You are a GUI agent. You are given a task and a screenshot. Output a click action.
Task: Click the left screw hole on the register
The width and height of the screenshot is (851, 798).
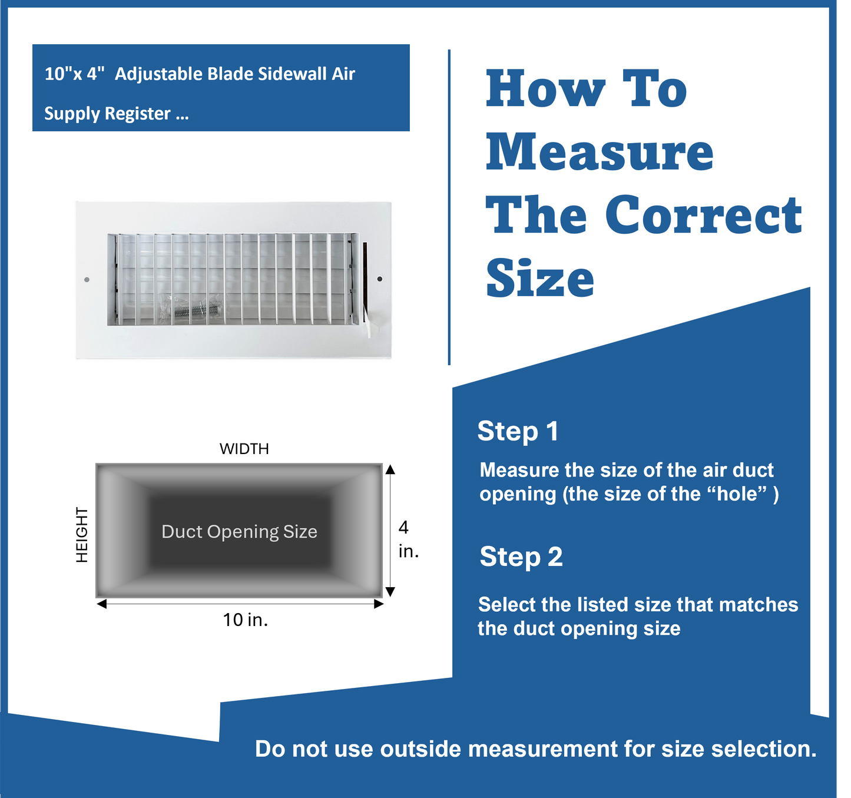click(x=87, y=280)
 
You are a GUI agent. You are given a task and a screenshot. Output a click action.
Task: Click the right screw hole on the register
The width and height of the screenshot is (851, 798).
click(x=380, y=279)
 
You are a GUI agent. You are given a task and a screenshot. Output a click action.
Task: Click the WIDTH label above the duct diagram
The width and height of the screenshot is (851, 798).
click(x=244, y=449)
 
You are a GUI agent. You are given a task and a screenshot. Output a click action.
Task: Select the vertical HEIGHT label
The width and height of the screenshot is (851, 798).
click(x=82, y=535)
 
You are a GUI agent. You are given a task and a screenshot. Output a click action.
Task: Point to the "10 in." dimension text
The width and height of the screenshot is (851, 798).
click(x=246, y=620)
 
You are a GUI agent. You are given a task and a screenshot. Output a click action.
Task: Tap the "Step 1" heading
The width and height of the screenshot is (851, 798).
click(x=518, y=431)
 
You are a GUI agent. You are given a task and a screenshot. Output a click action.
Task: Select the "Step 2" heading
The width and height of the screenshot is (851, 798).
click(x=521, y=557)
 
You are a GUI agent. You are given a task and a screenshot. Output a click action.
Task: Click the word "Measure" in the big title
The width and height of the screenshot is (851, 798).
click(x=600, y=153)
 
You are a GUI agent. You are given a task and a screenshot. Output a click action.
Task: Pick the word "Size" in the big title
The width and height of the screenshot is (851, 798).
click(x=540, y=279)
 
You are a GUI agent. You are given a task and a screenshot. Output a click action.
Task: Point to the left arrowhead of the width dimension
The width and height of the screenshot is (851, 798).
click(x=101, y=604)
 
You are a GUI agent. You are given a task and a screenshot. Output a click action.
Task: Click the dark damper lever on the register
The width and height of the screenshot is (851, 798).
click(x=365, y=278)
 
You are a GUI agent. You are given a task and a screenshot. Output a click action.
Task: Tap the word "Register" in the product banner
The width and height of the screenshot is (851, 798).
click(x=138, y=114)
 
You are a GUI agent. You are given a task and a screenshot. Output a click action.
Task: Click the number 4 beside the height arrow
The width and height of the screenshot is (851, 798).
click(x=403, y=527)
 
